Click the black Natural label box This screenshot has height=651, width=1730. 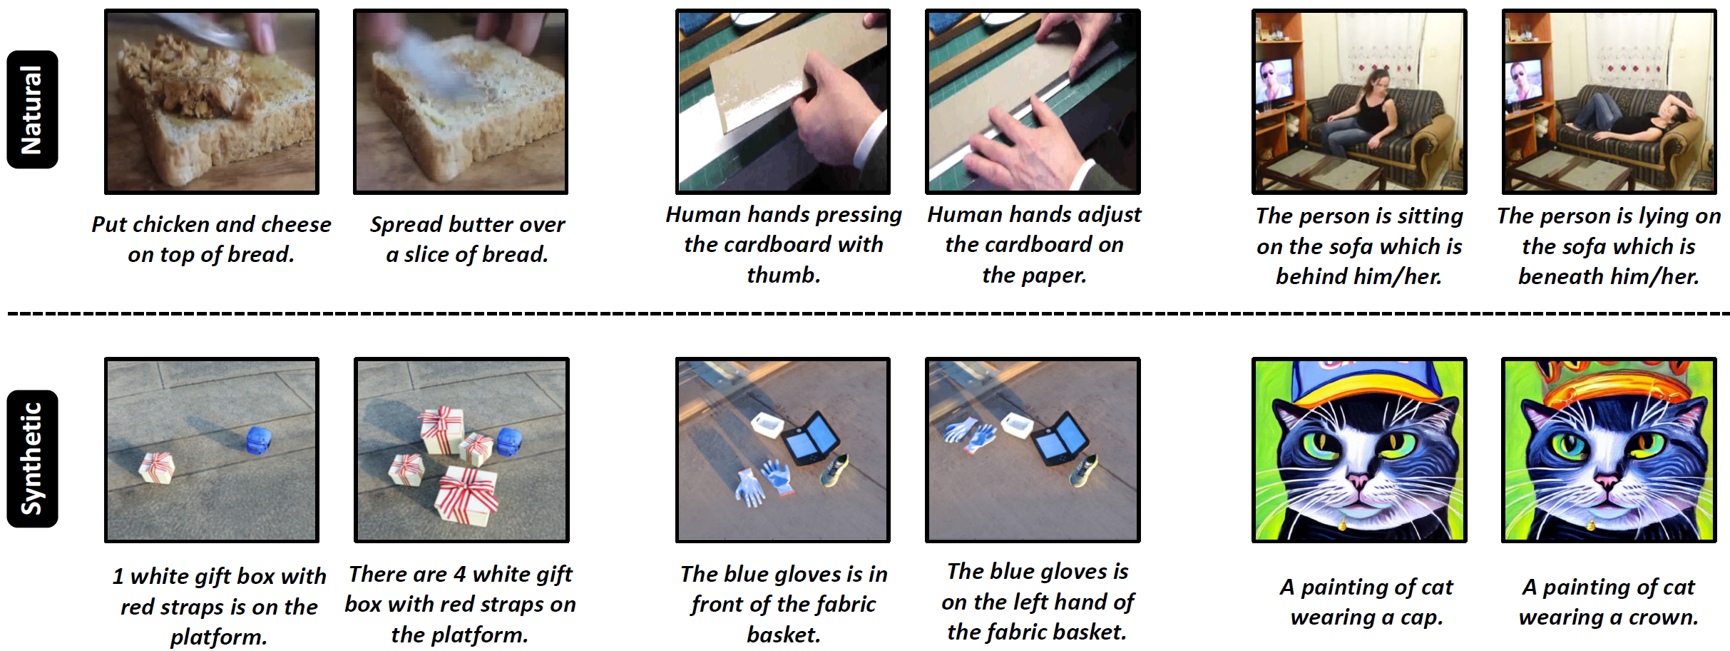click(x=32, y=109)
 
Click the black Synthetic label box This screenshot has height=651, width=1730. click(x=32, y=458)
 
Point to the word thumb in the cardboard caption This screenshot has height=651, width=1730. click(x=783, y=275)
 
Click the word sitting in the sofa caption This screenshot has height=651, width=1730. click(x=1426, y=216)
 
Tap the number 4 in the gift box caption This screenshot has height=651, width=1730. click(x=459, y=574)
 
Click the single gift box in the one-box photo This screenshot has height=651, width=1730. click(x=156, y=468)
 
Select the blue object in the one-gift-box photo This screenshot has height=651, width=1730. click(x=257, y=440)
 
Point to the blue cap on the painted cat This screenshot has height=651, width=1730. click(x=1359, y=385)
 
